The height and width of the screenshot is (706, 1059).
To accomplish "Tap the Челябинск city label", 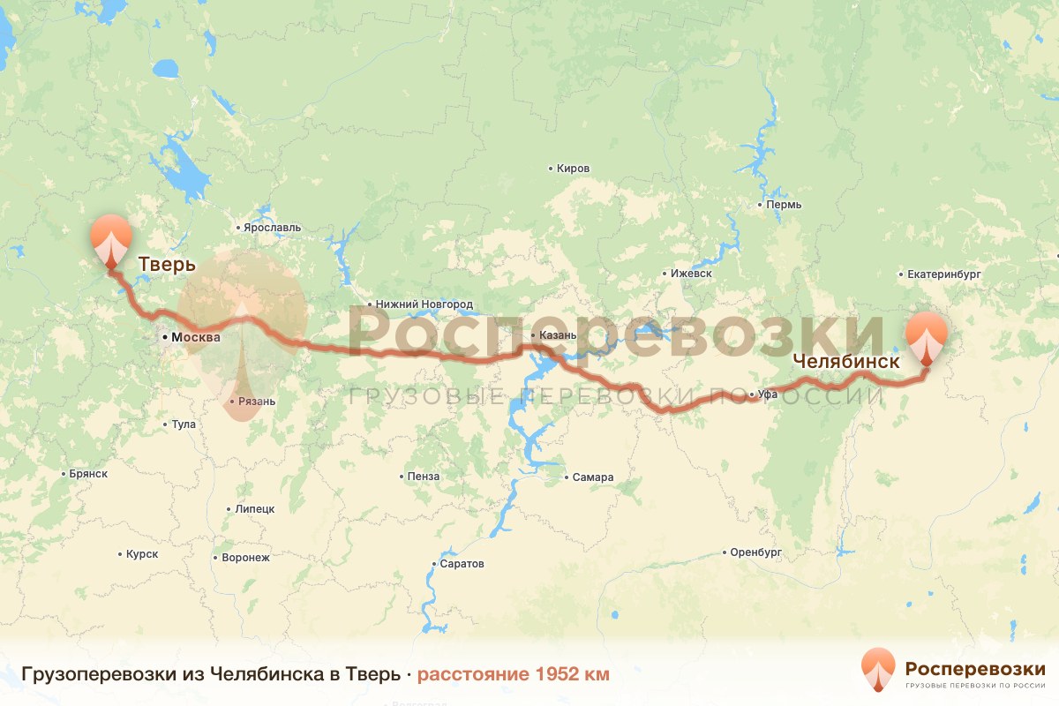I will click(845, 361).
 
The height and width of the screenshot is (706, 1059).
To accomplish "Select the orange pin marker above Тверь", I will click(111, 237).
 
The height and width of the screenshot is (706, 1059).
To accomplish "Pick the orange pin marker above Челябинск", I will click(927, 335).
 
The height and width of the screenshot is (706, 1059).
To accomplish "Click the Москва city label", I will click(195, 337).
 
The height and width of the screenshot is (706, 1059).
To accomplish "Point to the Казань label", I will click(558, 335).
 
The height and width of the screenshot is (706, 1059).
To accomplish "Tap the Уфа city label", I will click(767, 394).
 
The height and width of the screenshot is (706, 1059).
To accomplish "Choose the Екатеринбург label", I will click(944, 274).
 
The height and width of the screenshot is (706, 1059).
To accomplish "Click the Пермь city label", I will click(785, 205).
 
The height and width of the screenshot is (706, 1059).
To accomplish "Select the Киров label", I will click(573, 169).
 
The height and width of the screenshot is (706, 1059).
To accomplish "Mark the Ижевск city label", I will click(691, 274).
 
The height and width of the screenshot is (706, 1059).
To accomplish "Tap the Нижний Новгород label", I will click(424, 304).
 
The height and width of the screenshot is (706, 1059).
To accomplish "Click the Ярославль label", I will click(273, 228).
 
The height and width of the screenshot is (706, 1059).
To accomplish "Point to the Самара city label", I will click(592, 477).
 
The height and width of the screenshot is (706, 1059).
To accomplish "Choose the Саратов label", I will click(462, 564).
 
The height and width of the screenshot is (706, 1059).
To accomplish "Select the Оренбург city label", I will click(756, 552).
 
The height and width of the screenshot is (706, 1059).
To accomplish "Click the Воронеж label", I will click(245, 558).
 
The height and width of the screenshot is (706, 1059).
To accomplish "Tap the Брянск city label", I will click(87, 474).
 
